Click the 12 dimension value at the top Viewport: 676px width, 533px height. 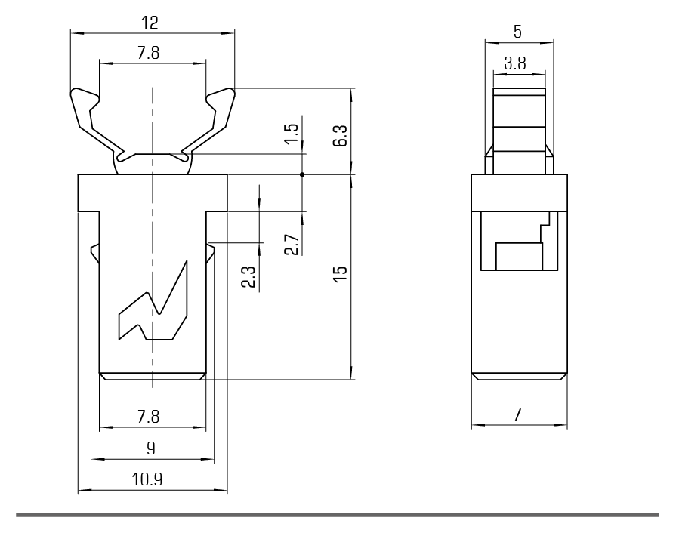click(x=150, y=23)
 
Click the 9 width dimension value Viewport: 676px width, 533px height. click(x=150, y=448)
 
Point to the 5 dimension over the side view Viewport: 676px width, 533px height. click(x=517, y=32)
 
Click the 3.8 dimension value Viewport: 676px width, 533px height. click(x=516, y=64)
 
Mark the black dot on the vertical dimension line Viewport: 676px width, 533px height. click(x=302, y=174)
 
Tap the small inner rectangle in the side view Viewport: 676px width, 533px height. click(x=519, y=256)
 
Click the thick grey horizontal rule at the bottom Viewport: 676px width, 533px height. click(x=338, y=516)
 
